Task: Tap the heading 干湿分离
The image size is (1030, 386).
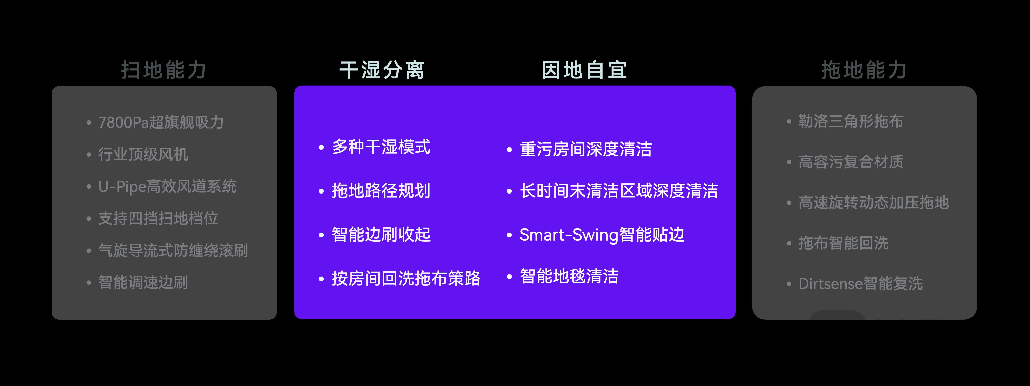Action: (x=382, y=70)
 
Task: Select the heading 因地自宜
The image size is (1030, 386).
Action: (x=584, y=70)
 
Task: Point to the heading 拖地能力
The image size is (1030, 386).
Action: (x=864, y=70)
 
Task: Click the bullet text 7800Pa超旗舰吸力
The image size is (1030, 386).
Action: (x=161, y=122)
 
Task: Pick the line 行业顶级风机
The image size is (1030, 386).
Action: (x=143, y=154)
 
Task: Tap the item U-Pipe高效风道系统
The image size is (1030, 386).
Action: (x=167, y=186)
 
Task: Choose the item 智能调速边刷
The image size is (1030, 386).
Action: (x=143, y=282)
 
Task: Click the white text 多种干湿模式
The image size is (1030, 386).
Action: (x=381, y=147)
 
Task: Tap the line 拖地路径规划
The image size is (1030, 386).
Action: (x=381, y=190)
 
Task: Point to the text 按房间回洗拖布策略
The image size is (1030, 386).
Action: (x=406, y=278)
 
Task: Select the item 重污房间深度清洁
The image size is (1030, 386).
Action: (x=586, y=149)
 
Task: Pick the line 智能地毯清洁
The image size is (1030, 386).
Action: (x=569, y=276)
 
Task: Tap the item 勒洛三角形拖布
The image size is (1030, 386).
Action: (x=851, y=121)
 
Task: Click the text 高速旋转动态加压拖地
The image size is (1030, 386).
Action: (x=874, y=203)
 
